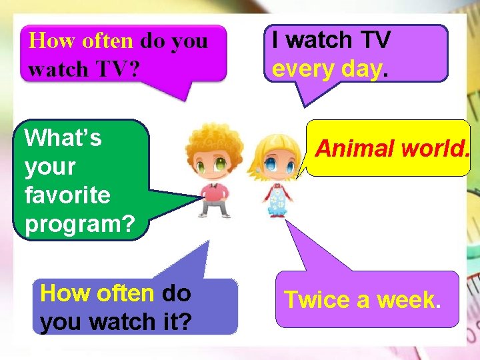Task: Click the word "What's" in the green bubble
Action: coord(63,138)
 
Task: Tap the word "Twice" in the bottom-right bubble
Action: coord(315,300)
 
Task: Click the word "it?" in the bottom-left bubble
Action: coord(174,322)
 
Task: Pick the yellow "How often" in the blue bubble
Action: coord(97,293)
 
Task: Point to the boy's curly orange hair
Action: coord(213,143)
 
